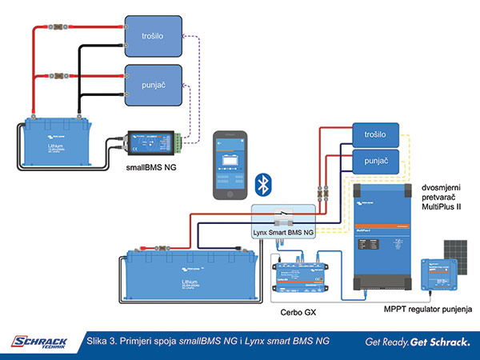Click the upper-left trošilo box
pos(154,34)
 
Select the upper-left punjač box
pos(154,84)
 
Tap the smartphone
pos(229,164)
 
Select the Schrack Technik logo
pos(39,342)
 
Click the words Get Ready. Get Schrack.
pos(417,342)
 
